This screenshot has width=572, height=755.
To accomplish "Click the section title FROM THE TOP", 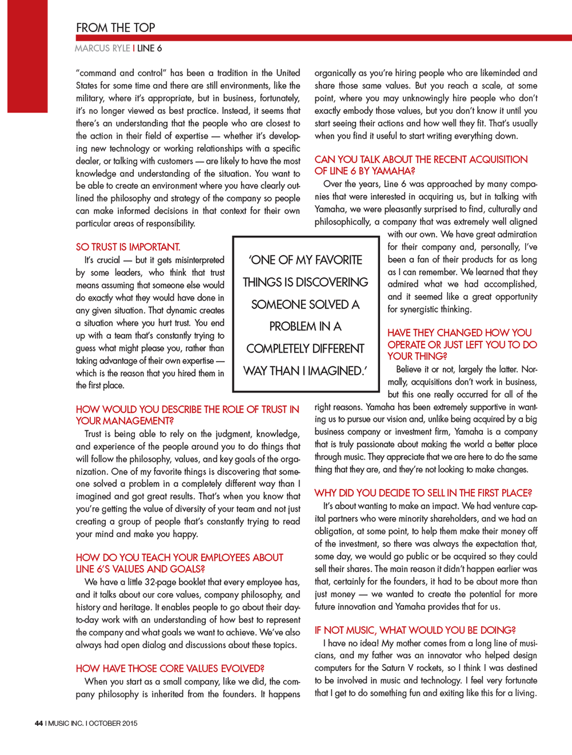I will click(116, 27).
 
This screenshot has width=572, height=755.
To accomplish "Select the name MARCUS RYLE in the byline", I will click(102, 48).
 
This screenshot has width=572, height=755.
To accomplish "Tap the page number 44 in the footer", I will click(39, 723).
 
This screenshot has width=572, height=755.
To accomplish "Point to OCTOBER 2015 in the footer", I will click(113, 723).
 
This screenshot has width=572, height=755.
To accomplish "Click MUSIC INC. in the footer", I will click(66, 723).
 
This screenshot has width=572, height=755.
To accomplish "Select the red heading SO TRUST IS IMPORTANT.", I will click(128, 247).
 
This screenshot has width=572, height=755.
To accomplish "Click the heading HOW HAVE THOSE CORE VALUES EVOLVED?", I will click(170, 668).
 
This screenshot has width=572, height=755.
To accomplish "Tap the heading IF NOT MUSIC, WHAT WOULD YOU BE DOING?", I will click(415, 630).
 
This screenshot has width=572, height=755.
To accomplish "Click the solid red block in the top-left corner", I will click(27, 56).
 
